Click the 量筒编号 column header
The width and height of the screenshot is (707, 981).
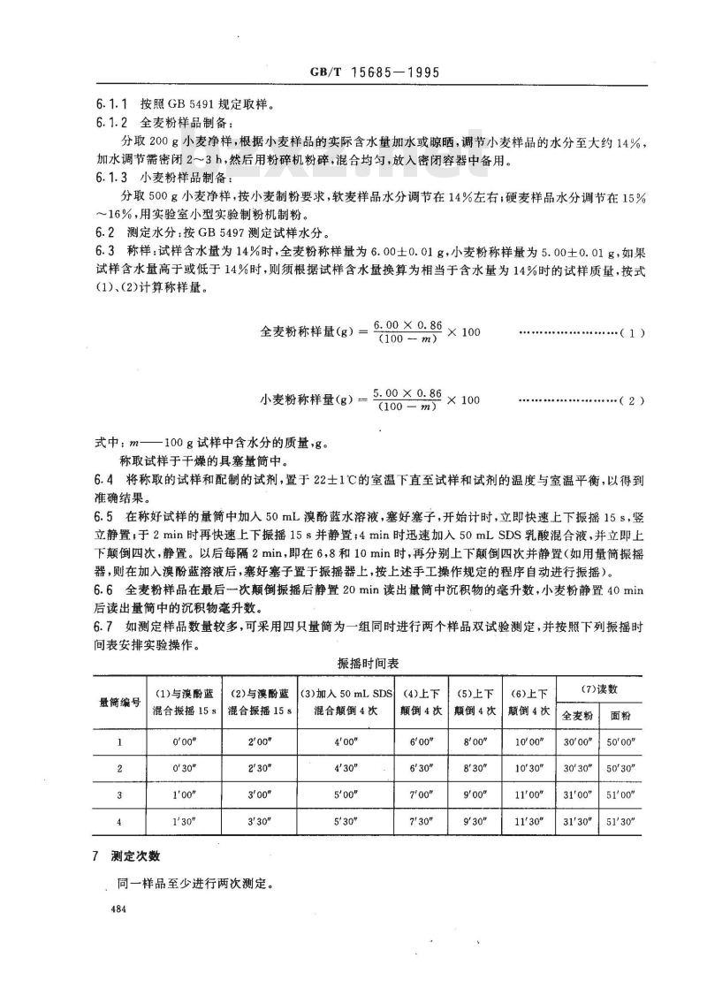119,700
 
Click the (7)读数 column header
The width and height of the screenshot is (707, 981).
600,687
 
